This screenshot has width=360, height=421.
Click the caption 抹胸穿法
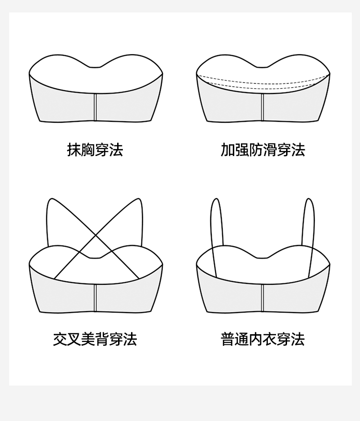95,150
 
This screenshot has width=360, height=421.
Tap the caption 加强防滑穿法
263,150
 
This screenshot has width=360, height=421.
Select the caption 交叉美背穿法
95,339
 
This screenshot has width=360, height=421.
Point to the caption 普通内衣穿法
263,339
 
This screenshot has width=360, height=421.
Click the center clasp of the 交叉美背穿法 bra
96,297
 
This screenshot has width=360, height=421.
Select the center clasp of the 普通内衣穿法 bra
263,297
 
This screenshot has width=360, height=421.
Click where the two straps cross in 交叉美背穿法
96,235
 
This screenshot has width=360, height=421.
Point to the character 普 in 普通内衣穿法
228,339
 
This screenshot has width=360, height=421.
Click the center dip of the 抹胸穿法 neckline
96,67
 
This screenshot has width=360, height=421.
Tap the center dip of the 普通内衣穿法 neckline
263,257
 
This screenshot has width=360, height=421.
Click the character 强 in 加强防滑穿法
241,150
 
